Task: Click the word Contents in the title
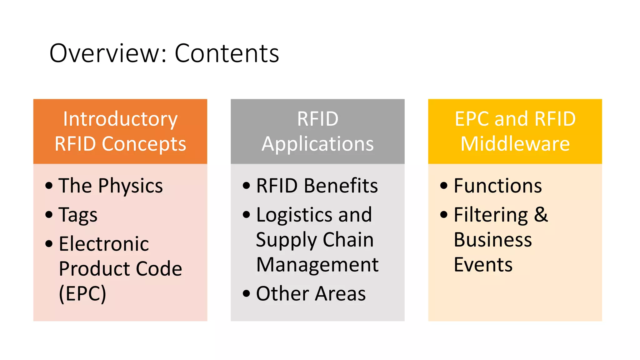[227, 53]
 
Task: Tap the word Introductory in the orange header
[120, 119]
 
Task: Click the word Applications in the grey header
[317, 144]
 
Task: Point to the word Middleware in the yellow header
[515, 144]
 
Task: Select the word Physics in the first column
[130, 186]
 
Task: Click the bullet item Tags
[78, 215]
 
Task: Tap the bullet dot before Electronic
[49, 243]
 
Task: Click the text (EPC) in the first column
[82, 294]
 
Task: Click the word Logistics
[294, 215]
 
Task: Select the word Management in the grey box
[317, 265]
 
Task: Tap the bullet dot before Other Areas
[247, 293]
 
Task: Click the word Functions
[498, 186]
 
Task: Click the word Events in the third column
[483, 265]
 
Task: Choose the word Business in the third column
[493, 240]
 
